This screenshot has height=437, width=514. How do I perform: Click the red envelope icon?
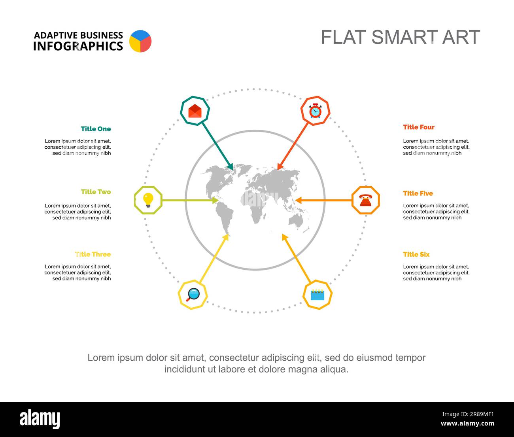pyautogui.click(x=195, y=111)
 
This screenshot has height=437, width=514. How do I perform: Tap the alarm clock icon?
pyautogui.click(x=315, y=111)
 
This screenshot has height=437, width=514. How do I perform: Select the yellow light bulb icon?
pyautogui.click(x=148, y=200)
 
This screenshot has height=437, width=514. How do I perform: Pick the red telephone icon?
pyautogui.click(x=366, y=201)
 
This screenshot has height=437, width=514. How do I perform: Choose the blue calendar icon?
pyautogui.click(x=317, y=295)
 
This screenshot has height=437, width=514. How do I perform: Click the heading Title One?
pyautogui.click(x=96, y=129)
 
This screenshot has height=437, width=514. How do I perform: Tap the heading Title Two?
pyautogui.click(x=96, y=192)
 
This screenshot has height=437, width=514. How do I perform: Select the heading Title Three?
pyautogui.click(x=93, y=254)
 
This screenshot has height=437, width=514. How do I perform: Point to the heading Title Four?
pyautogui.click(x=419, y=127)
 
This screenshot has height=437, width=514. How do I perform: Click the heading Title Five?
pyautogui.click(x=418, y=193)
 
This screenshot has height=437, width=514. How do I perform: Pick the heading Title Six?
pyautogui.click(x=416, y=254)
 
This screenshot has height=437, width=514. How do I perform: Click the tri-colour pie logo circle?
pyautogui.click(x=140, y=41)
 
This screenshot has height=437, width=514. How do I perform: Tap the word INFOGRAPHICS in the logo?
pyautogui.click(x=78, y=46)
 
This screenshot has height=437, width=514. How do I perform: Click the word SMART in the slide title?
pyautogui.click(x=404, y=37)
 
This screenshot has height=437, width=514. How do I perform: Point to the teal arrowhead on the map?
pyautogui.click(x=231, y=166)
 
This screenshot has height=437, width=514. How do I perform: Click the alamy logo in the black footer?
pyautogui.click(x=40, y=419)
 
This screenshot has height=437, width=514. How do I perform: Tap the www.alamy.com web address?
pyautogui.click(x=467, y=423)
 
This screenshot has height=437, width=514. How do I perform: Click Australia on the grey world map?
pyautogui.click(x=296, y=220)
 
